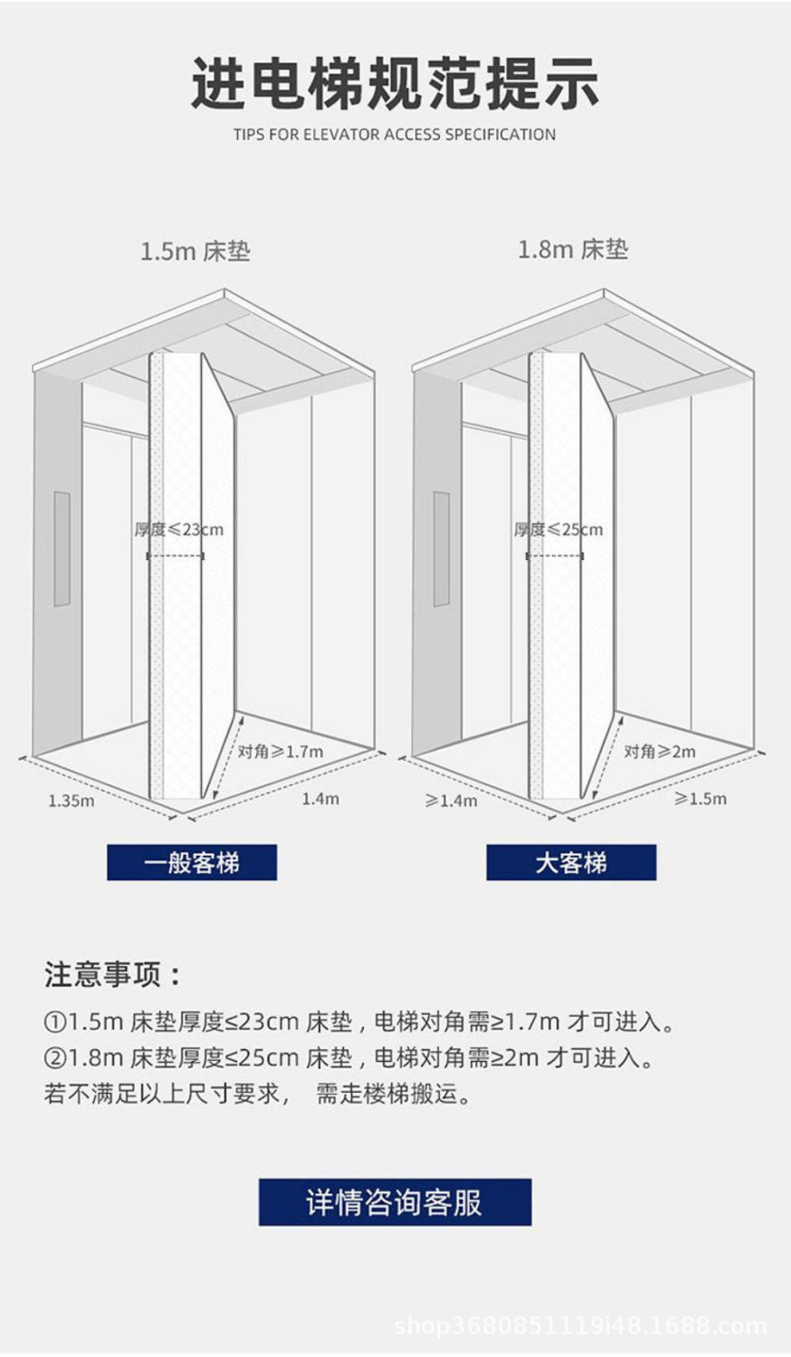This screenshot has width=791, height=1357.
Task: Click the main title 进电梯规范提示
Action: tap(395, 83)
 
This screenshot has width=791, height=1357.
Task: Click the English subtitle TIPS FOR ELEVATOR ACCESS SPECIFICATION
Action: tap(395, 135)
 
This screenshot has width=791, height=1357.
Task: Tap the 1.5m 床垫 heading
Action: tap(195, 251)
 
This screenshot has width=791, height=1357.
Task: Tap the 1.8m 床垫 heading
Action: tap(573, 249)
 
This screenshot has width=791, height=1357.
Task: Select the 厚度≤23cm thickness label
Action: tap(179, 529)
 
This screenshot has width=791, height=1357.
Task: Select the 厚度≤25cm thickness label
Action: tap(558, 529)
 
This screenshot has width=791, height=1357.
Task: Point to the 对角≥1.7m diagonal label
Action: tap(281, 751)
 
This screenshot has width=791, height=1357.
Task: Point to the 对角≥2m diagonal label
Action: tap(660, 751)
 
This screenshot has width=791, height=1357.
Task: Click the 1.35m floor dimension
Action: tap(71, 800)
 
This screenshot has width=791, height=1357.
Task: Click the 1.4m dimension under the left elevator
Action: tap(320, 798)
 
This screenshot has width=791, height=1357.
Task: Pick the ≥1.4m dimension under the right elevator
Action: tap(452, 800)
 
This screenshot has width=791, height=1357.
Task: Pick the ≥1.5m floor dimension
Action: tap(700, 798)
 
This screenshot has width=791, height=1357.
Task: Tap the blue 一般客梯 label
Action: tap(192, 862)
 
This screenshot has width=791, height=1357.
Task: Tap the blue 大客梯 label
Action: tap(571, 862)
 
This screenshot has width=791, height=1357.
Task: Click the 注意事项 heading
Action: tap(114, 974)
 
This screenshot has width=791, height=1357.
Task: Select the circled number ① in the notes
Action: tap(55, 1023)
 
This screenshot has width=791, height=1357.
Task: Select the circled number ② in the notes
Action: tap(55, 1058)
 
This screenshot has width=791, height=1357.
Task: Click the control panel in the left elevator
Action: tap(62, 548)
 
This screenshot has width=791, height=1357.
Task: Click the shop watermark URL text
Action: tap(581, 1326)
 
